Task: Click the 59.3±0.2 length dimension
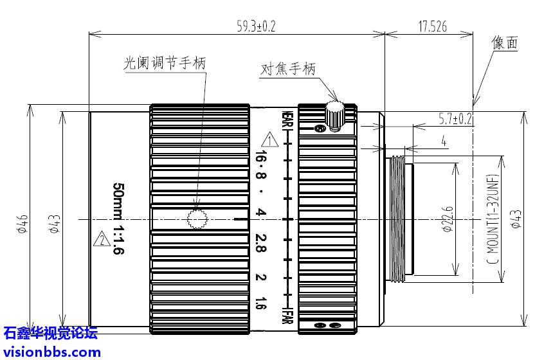point(256,26)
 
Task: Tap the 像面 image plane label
point(505,43)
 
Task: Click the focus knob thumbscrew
point(334,114)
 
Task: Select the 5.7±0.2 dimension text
point(455,118)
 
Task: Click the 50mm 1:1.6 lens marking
point(118,219)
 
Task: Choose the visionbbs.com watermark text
point(51,352)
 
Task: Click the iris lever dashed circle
point(197,219)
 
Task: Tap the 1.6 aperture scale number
point(260,302)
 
